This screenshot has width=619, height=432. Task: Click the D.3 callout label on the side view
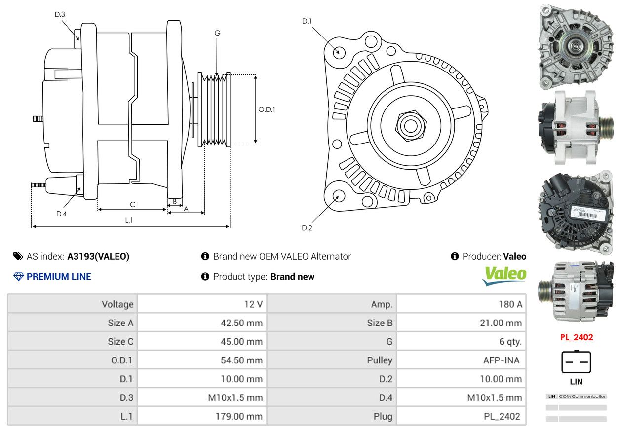pyautogui.click(x=60, y=14)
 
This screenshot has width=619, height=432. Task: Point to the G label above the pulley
pyautogui.click(x=218, y=33)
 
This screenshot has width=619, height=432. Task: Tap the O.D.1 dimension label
pyautogui.click(x=267, y=109)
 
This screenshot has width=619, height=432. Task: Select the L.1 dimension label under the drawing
pyautogui.click(x=129, y=220)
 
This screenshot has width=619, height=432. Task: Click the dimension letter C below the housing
pyautogui.click(x=133, y=204)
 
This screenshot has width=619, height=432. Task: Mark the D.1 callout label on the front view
pyautogui.click(x=307, y=21)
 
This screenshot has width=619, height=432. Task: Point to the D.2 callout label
pyautogui.click(x=307, y=228)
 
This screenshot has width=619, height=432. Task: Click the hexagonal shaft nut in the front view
pyautogui.click(x=411, y=126)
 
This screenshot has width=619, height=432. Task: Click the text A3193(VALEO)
pyautogui.click(x=98, y=257)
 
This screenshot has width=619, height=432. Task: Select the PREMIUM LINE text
pyautogui.click(x=59, y=277)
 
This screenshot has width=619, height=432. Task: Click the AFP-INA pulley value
pyautogui.click(x=502, y=360)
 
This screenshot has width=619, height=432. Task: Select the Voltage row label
pyautogui.click(x=117, y=304)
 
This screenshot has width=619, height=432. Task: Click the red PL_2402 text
pyautogui.click(x=577, y=337)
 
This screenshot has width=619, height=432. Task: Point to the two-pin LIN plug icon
pyautogui.click(x=576, y=362)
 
